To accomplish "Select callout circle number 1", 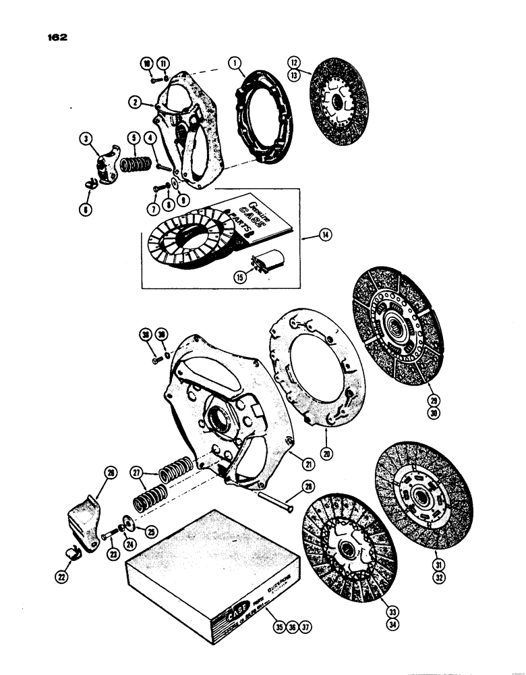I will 234,65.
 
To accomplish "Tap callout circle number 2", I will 137,102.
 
